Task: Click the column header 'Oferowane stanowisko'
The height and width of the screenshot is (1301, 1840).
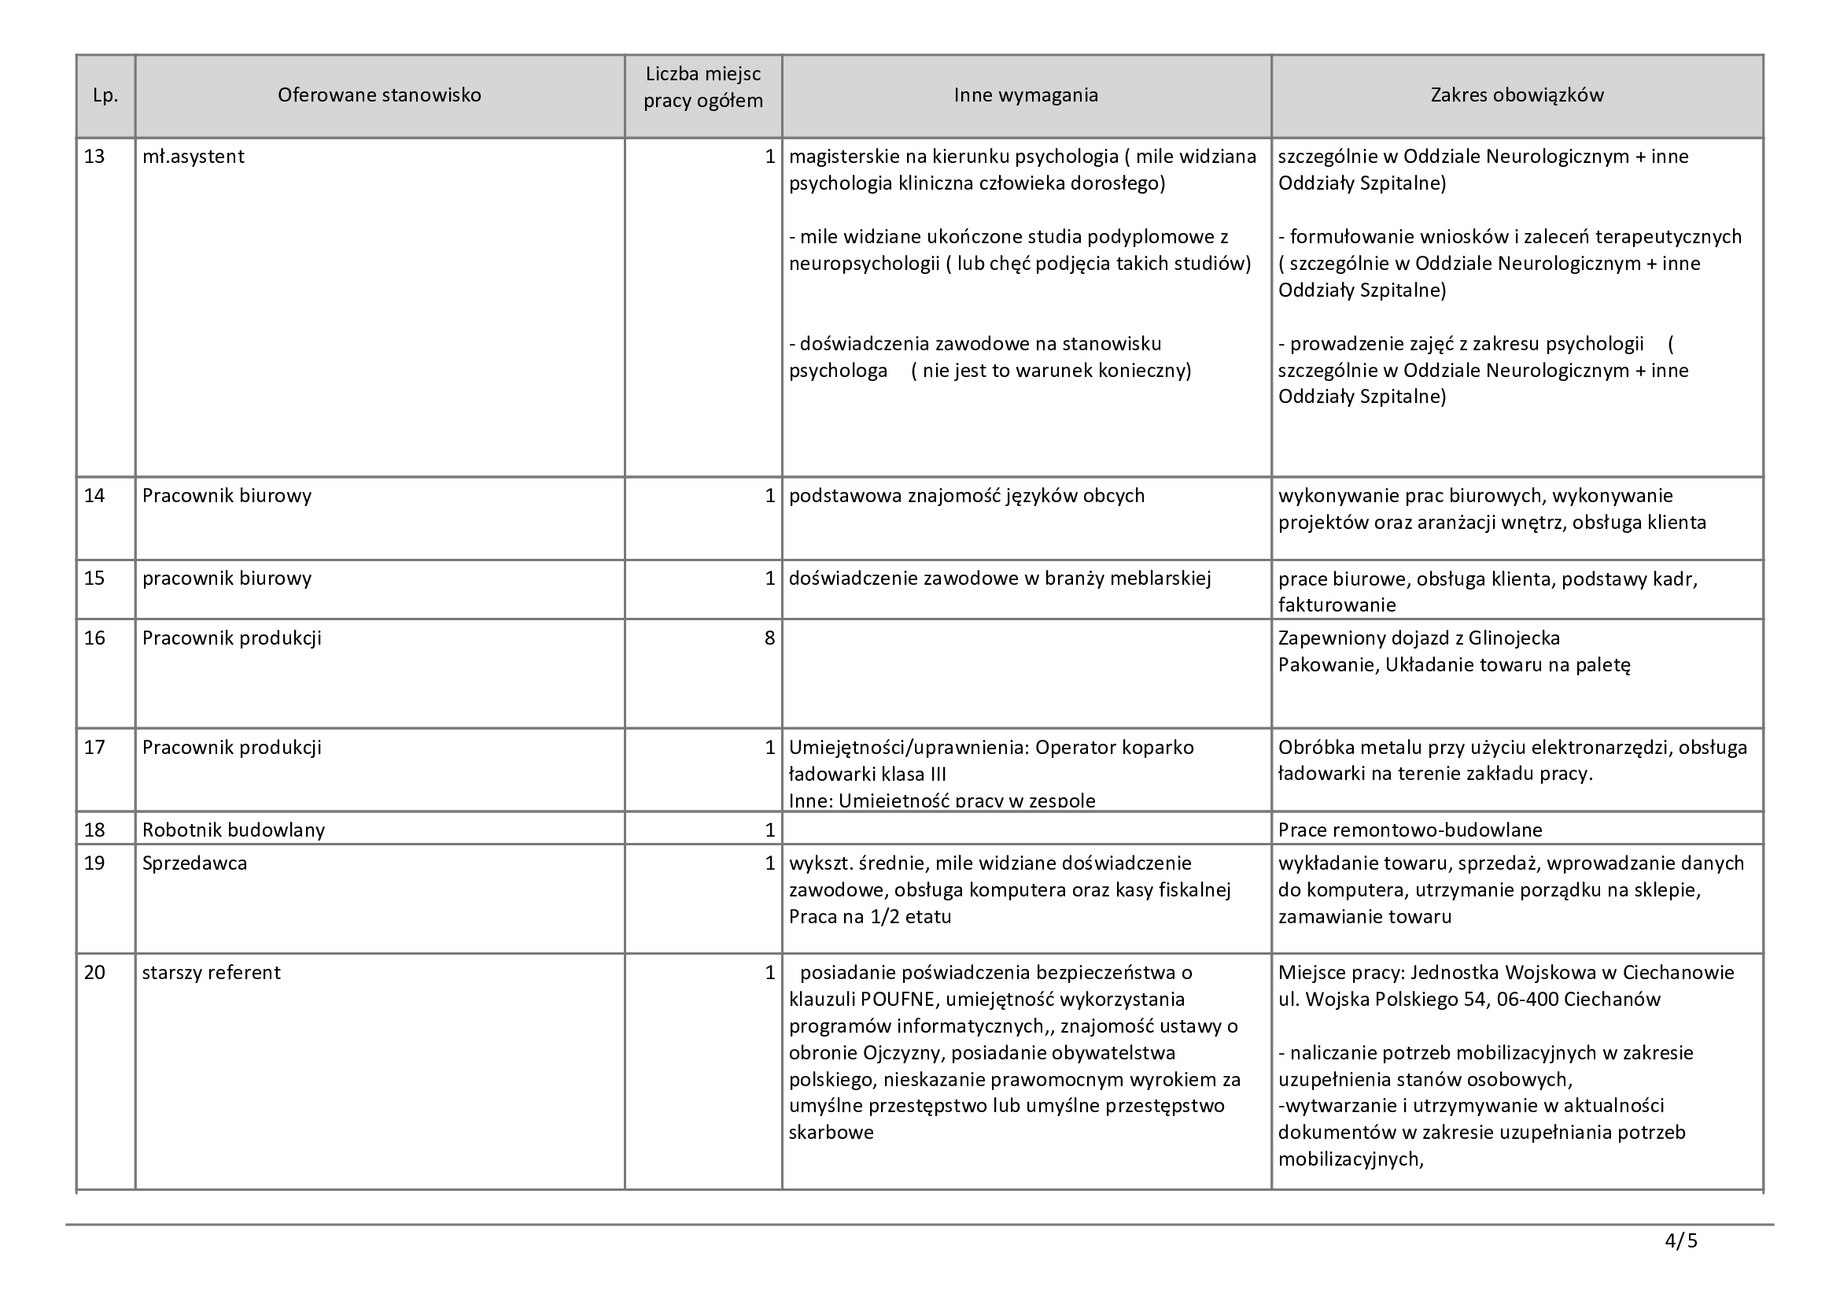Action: click(379, 95)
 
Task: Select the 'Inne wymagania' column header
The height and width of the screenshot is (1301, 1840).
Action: click(1026, 95)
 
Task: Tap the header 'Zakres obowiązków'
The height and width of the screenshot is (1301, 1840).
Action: click(1517, 95)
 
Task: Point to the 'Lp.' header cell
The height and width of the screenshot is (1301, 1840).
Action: click(105, 95)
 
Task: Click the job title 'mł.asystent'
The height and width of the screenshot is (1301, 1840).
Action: click(194, 157)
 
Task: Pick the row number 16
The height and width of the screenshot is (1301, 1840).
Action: click(94, 638)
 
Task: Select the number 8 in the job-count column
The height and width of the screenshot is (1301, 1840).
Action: click(769, 638)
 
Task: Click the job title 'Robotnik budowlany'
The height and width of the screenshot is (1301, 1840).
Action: click(233, 830)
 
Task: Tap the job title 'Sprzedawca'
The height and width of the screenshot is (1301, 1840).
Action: click(195, 863)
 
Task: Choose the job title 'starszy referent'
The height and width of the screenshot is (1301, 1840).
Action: click(212, 973)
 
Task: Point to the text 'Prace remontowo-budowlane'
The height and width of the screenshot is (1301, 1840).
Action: click(1410, 830)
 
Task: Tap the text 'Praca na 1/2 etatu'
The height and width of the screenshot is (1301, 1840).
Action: click(869, 916)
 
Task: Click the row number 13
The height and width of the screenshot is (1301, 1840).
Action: click(94, 157)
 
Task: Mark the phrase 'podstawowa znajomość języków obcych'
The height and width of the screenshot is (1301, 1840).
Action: click(967, 496)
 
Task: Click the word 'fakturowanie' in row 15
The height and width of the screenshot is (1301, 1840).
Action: click(1337, 605)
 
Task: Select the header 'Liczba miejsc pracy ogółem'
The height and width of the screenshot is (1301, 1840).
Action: click(702, 87)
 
